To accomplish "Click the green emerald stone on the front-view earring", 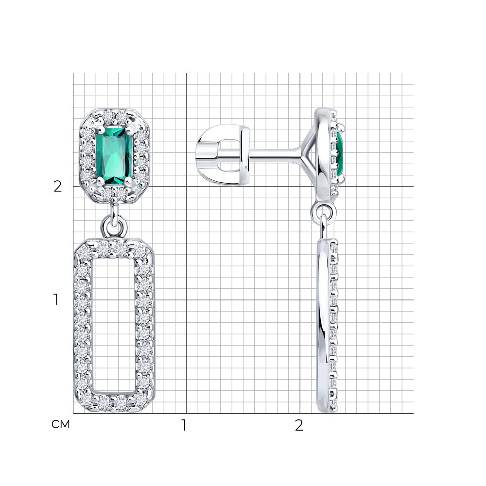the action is (114, 156).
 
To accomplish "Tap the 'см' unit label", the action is (61, 424).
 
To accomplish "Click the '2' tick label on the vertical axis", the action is (58, 187).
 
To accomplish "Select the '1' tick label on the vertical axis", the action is (56, 300).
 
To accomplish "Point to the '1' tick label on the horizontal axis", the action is (184, 425).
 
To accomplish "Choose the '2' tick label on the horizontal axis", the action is (299, 426).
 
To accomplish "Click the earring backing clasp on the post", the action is (223, 155).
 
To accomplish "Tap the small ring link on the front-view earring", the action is (114, 226).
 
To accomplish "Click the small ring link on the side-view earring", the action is (324, 212).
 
